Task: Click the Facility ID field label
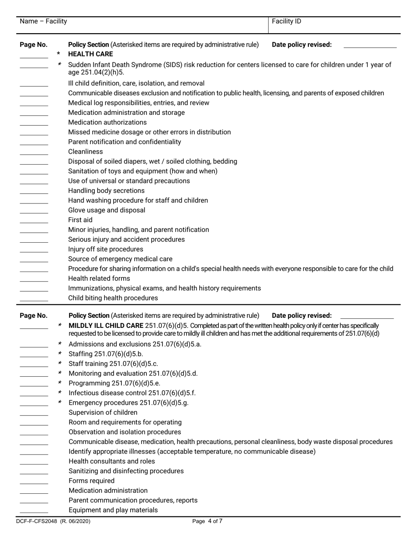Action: click(x=286, y=21)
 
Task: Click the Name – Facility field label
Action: click(x=44, y=21)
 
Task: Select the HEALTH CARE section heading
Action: click(x=90, y=54)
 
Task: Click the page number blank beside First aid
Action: click(x=34, y=222)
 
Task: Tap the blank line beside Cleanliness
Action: click(x=34, y=154)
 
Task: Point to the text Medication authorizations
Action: click(x=107, y=122)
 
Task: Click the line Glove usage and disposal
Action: click(x=107, y=210)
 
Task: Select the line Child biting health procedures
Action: click(x=113, y=298)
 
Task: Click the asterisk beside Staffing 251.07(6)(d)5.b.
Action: click(x=60, y=354)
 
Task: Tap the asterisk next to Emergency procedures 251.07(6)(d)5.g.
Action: click(x=60, y=403)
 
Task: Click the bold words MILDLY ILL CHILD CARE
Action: click(x=106, y=325)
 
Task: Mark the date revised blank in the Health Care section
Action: click(x=370, y=46)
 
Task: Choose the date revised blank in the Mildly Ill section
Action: click(x=367, y=317)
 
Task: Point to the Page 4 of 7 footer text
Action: click(x=207, y=521)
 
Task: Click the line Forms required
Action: click(x=91, y=481)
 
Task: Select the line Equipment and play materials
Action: click(x=113, y=510)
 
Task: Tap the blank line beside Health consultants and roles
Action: click(x=34, y=464)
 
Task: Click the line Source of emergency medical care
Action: click(x=120, y=259)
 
